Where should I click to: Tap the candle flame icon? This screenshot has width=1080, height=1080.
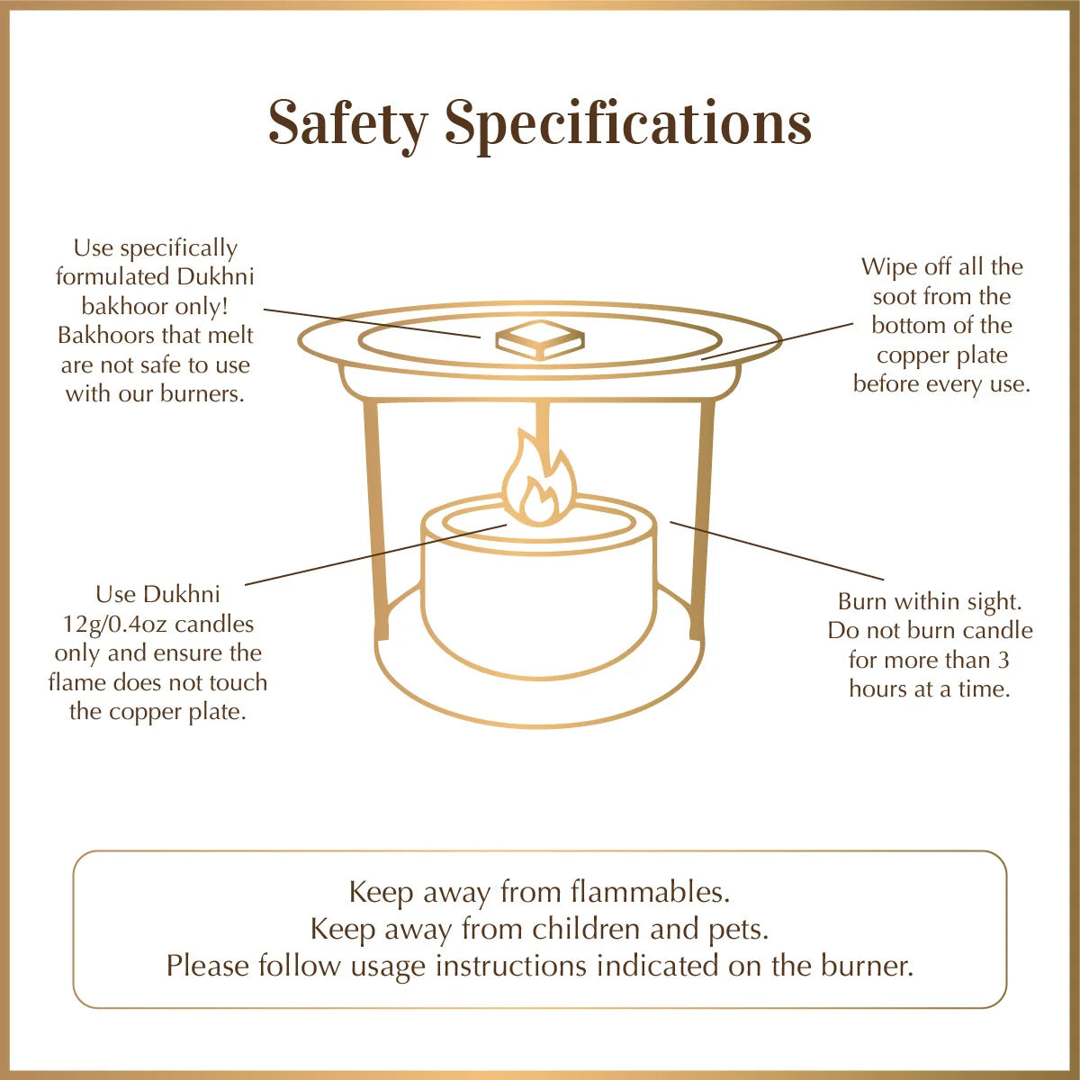(538, 481)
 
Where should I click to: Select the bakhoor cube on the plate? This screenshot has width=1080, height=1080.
(539, 339)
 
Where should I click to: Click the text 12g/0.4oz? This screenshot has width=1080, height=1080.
(114, 624)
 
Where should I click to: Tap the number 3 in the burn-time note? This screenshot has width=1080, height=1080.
(1003, 660)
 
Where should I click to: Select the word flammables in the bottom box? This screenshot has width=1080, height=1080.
(650, 892)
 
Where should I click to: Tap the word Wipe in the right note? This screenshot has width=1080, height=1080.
(891, 266)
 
